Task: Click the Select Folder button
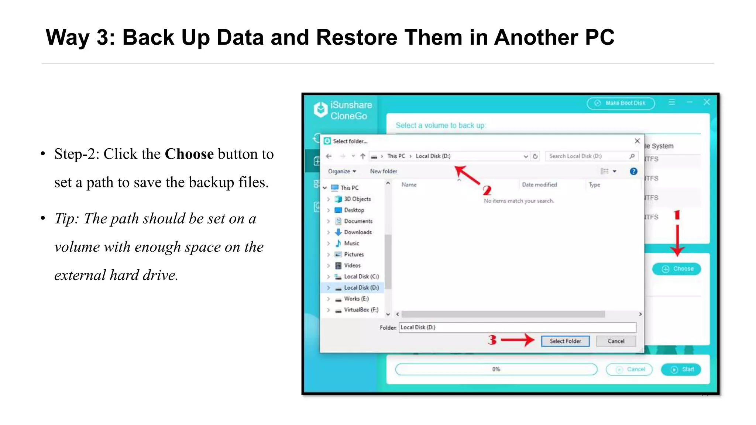pyautogui.click(x=565, y=341)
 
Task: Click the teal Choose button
pyautogui.click(x=676, y=269)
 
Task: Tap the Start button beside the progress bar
pyautogui.click(x=681, y=369)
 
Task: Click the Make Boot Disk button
pyautogui.click(x=621, y=103)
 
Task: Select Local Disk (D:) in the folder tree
pyautogui.click(x=361, y=288)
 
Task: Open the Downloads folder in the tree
pyautogui.click(x=357, y=232)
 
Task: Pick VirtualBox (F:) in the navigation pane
pyautogui.click(x=361, y=310)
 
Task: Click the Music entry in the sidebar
pyautogui.click(x=351, y=243)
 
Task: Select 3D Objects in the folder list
pyautogui.click(x=357, y=199)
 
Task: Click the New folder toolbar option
pyautogui.click(x=384, y=171)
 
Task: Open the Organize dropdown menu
pyautogui.click(x=342, y=171)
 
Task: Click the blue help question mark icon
pyautogui.click(x=633, y=171)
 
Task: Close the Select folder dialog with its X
pyautogui.click(x=637, y=141)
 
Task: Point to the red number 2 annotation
pyautogui.click(x=487, y=190)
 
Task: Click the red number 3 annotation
pyautogui.click(x=492, y=339)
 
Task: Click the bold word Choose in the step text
pyautogui.click(x=189, y=154)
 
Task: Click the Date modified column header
pyautogui.click(x=539, y=185)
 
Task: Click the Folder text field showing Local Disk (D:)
pyautogui.click(x=517, y=328)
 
